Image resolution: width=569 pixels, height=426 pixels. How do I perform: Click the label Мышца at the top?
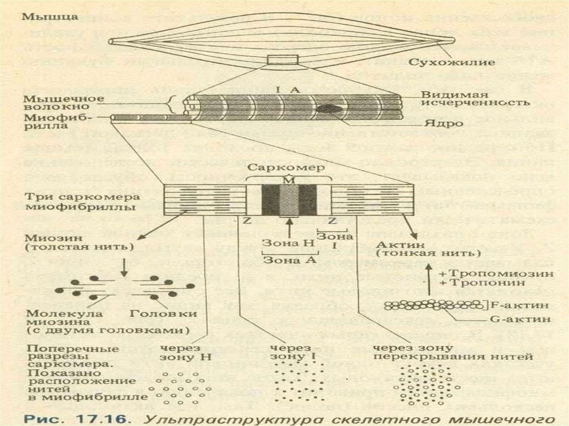point(42,17)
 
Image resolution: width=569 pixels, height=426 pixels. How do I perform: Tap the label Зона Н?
point(281,243)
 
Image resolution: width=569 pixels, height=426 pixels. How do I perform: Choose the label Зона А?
point(281,259)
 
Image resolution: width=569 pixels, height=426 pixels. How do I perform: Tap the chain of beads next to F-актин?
point(434,304)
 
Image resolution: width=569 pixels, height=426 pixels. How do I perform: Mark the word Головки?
point(157,313)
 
